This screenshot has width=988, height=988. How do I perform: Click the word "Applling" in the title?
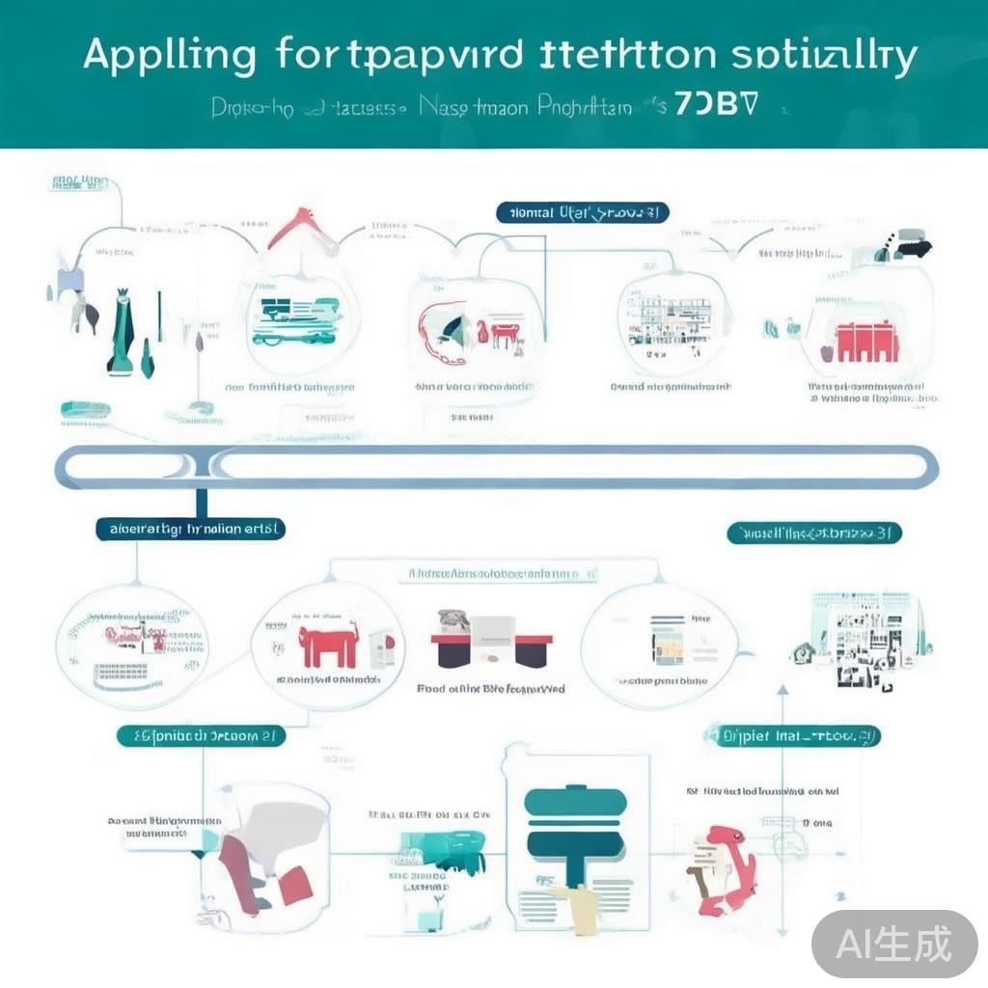[169, 57]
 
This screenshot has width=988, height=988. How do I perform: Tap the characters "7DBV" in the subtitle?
[715, 105]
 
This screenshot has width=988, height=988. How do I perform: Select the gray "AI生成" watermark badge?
[894, 943]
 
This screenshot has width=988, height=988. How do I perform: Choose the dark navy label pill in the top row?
[583, 212]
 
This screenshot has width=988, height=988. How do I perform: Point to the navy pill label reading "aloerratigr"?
[190, 529]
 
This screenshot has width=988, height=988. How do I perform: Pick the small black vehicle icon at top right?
[909, 245]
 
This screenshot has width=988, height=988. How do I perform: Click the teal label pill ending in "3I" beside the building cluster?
[813, 533]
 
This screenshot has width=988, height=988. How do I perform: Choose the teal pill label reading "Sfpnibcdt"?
[201, 736]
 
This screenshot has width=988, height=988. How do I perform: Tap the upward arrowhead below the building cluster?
[782, 691]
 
